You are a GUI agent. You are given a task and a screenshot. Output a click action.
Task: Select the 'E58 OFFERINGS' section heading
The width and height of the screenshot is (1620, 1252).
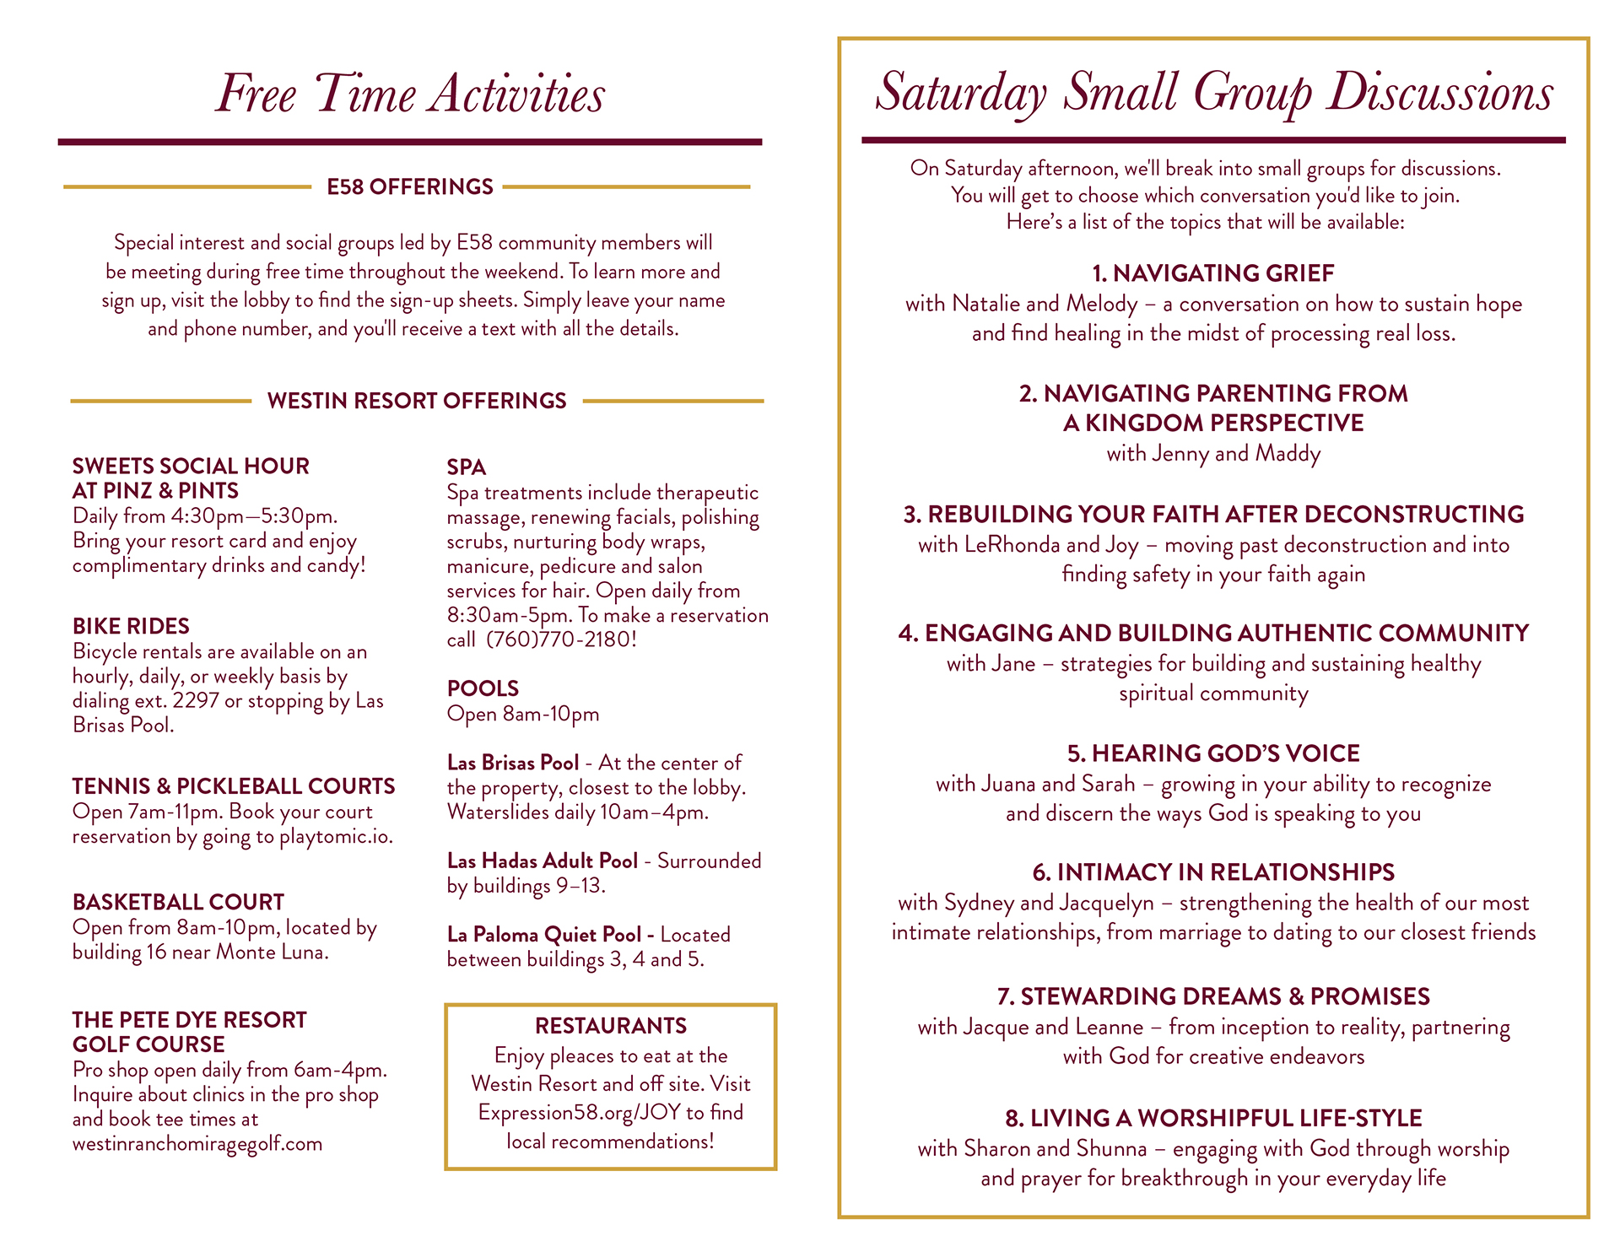point(410,186)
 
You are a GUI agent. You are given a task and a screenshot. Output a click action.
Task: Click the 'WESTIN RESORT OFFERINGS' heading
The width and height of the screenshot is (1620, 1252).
point(417,401)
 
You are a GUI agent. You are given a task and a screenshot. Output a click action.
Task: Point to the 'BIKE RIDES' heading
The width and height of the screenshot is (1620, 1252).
point(131,626)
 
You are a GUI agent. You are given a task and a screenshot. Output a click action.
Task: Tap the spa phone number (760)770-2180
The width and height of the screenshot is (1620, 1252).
point(560,639)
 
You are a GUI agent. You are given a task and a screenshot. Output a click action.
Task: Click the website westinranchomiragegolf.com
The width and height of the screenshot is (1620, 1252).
point(197,1144)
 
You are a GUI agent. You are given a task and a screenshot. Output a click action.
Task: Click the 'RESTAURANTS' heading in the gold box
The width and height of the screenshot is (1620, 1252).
point(611,1026)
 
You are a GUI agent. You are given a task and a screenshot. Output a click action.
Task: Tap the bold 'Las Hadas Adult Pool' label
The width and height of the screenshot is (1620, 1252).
point(543,861)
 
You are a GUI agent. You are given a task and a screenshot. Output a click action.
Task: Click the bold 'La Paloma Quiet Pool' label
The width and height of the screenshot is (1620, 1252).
point(544,935)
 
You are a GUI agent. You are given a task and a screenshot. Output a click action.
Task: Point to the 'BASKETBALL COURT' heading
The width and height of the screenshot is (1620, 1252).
point(178,902)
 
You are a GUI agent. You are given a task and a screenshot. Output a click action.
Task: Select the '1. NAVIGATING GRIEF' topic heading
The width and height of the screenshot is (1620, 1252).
point(1213,273)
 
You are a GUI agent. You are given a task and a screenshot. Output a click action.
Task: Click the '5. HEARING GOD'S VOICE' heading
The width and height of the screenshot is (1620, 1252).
point(1213,753)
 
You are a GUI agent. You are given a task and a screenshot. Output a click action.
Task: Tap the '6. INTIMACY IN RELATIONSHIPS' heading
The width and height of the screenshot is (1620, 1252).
point(1213,872)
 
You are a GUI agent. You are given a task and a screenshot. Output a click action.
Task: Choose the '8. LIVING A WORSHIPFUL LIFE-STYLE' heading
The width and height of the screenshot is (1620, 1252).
point(1213,1119)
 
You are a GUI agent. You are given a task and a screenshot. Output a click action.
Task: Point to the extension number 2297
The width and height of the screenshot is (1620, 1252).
point(196,701)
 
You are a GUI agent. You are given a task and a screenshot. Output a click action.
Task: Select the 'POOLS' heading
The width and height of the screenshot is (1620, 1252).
point(483,688)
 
